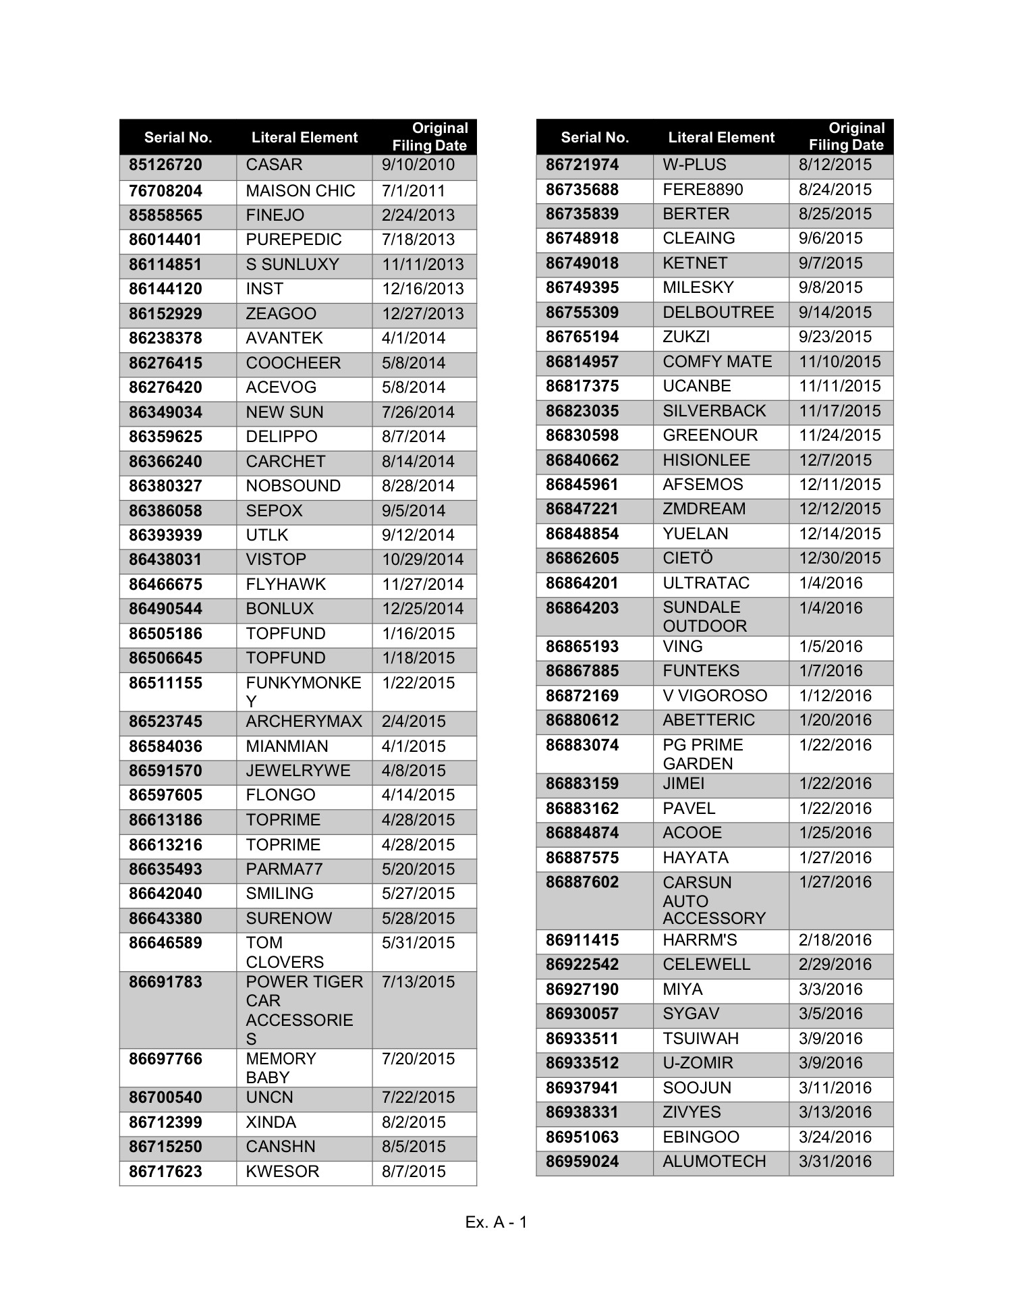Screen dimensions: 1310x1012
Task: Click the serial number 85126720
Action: click(165, 165)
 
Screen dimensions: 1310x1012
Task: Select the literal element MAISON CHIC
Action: click(300, 191)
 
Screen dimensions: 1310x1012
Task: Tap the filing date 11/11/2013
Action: click(423, 265)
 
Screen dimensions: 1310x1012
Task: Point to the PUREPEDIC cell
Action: click(293, 240)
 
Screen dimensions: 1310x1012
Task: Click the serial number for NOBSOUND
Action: click(165, 486)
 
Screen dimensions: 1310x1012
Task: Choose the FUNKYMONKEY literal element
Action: click(304, 692)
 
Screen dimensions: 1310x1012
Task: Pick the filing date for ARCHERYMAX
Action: click(414, 721)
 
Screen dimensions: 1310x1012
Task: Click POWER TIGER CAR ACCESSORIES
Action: click(304, 1010)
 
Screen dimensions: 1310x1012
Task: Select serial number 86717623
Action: click(165, 1172)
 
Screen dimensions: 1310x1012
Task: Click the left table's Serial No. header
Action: click(178, 138)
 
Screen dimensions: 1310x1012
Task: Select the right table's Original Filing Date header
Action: click(847, 136)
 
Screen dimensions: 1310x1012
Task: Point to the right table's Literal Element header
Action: click(721, 138)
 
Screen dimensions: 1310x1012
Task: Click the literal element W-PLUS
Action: click(694, 165)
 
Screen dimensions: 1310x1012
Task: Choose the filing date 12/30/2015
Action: click(840, 559)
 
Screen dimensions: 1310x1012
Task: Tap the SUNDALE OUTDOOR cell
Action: click(704, 617)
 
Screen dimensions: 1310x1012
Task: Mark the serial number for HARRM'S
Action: click(582, 940)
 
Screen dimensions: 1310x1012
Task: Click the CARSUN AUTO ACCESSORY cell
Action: click(714, 900)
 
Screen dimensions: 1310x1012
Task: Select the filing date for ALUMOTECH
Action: click(835, 1162)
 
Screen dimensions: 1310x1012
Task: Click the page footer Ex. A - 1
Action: click(497, 1222)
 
